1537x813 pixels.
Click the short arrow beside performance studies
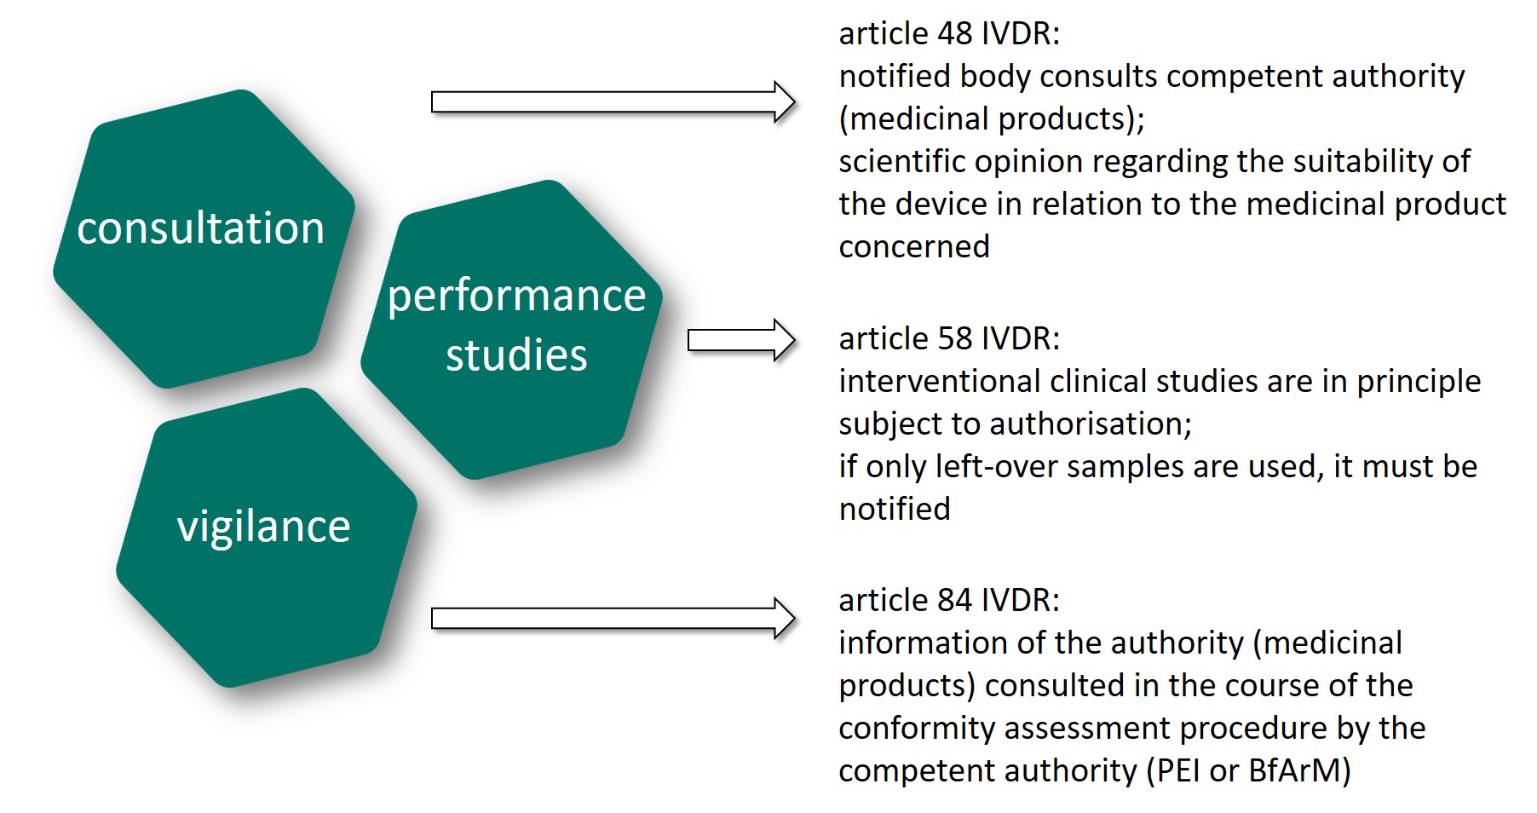(740, 341)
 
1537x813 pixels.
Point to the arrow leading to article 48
(612, 102)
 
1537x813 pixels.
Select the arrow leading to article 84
(612, 618)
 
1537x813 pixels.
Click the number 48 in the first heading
(954, 34)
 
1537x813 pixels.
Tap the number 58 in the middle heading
(954, 339)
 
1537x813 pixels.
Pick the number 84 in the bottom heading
(954, 601)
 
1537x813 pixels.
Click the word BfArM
(1298, 771)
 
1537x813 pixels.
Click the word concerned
(913, 247)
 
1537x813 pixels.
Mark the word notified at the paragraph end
(894, 510)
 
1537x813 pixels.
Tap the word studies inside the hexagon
(516, 355)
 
